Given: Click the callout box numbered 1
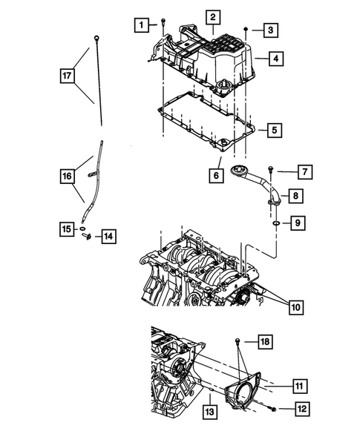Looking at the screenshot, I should [x=140, y=25].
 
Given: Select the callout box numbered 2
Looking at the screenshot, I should [x=212, y=16].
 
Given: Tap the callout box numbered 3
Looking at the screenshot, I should [x=272, y=30].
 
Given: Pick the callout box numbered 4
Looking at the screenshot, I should [x=275, y=57].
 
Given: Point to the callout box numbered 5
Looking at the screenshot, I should [x=274, y=131].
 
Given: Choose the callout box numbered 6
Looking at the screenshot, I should [x=215, y=176].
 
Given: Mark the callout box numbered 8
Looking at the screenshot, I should [x=295, y=197].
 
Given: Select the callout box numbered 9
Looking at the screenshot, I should [x=295, y=222].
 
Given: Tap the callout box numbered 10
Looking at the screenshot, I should [x=295, y=305].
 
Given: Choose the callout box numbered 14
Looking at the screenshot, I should [x=109, y=237].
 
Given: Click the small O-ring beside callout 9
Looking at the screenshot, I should [x=275, y=221].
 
